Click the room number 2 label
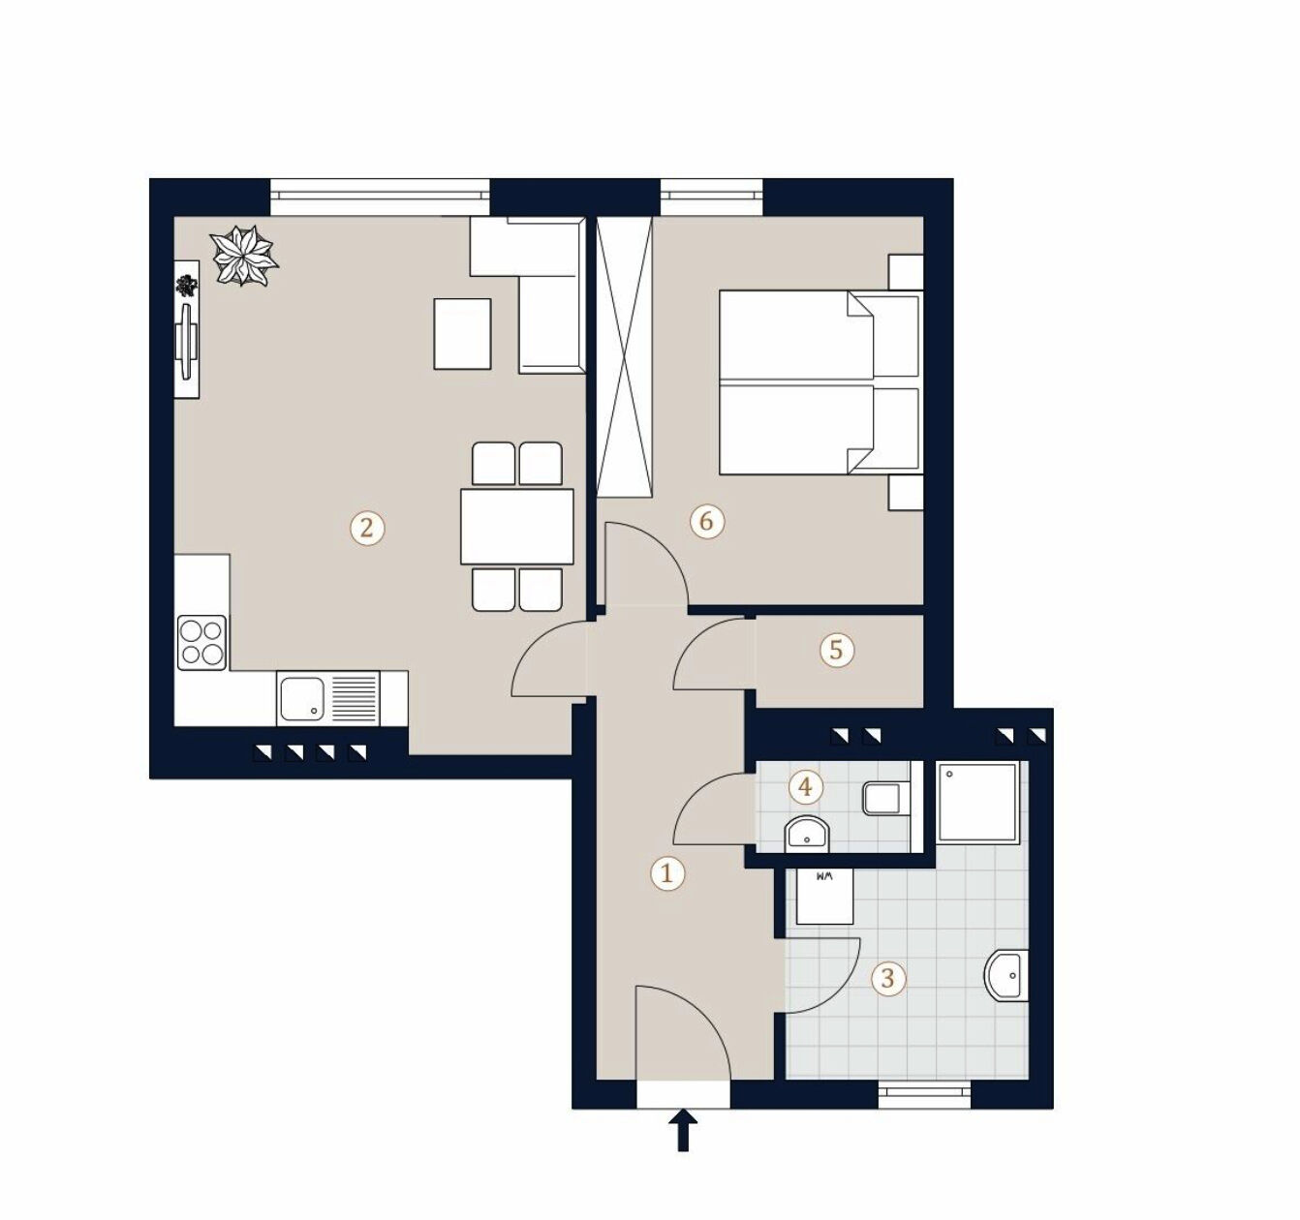click(366, 528)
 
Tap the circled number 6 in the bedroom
click(706, 522)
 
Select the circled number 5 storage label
click(837, 650)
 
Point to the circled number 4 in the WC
click(805, 786)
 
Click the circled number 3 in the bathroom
click(887, 978)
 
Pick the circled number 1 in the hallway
click(666, 873)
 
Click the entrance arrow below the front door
click(684, 1130)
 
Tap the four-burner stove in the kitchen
click(202, 642)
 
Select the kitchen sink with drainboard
click(328, 698)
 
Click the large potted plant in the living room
click(244, 256)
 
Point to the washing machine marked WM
click(824, 896)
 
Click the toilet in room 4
click(883, 800)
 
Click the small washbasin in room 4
click(806, 833)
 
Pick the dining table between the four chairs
click(517, 527)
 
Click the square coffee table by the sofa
click(462, 334)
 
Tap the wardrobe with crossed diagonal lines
click(624, 355)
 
